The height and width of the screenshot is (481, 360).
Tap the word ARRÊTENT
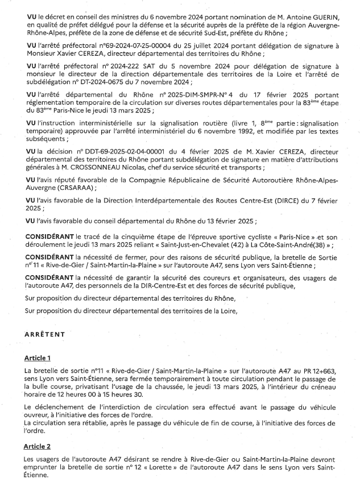(45, 335)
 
